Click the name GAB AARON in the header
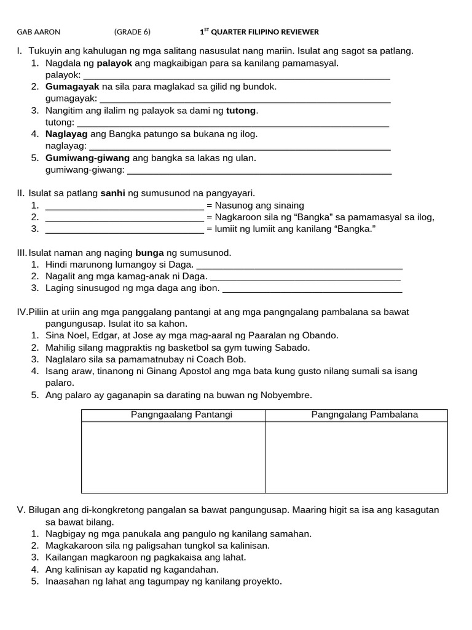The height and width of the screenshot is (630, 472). pos(39,32)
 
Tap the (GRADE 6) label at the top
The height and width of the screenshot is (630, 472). pos(132,32)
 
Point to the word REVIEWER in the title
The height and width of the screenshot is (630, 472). pos(299,32)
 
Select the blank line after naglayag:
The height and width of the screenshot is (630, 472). pos(240,146)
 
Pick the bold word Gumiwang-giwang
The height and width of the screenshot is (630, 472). pos(88,158)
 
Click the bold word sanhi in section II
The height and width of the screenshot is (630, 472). pos(112,193)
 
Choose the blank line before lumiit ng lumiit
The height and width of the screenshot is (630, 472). pos(125,229)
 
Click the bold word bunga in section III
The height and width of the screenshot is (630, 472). pos(149,253)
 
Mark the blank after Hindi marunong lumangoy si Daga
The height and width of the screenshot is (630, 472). pos(299,265)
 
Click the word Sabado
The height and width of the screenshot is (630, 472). pos(292,348)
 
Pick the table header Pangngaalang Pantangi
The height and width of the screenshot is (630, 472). pos(173,415)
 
